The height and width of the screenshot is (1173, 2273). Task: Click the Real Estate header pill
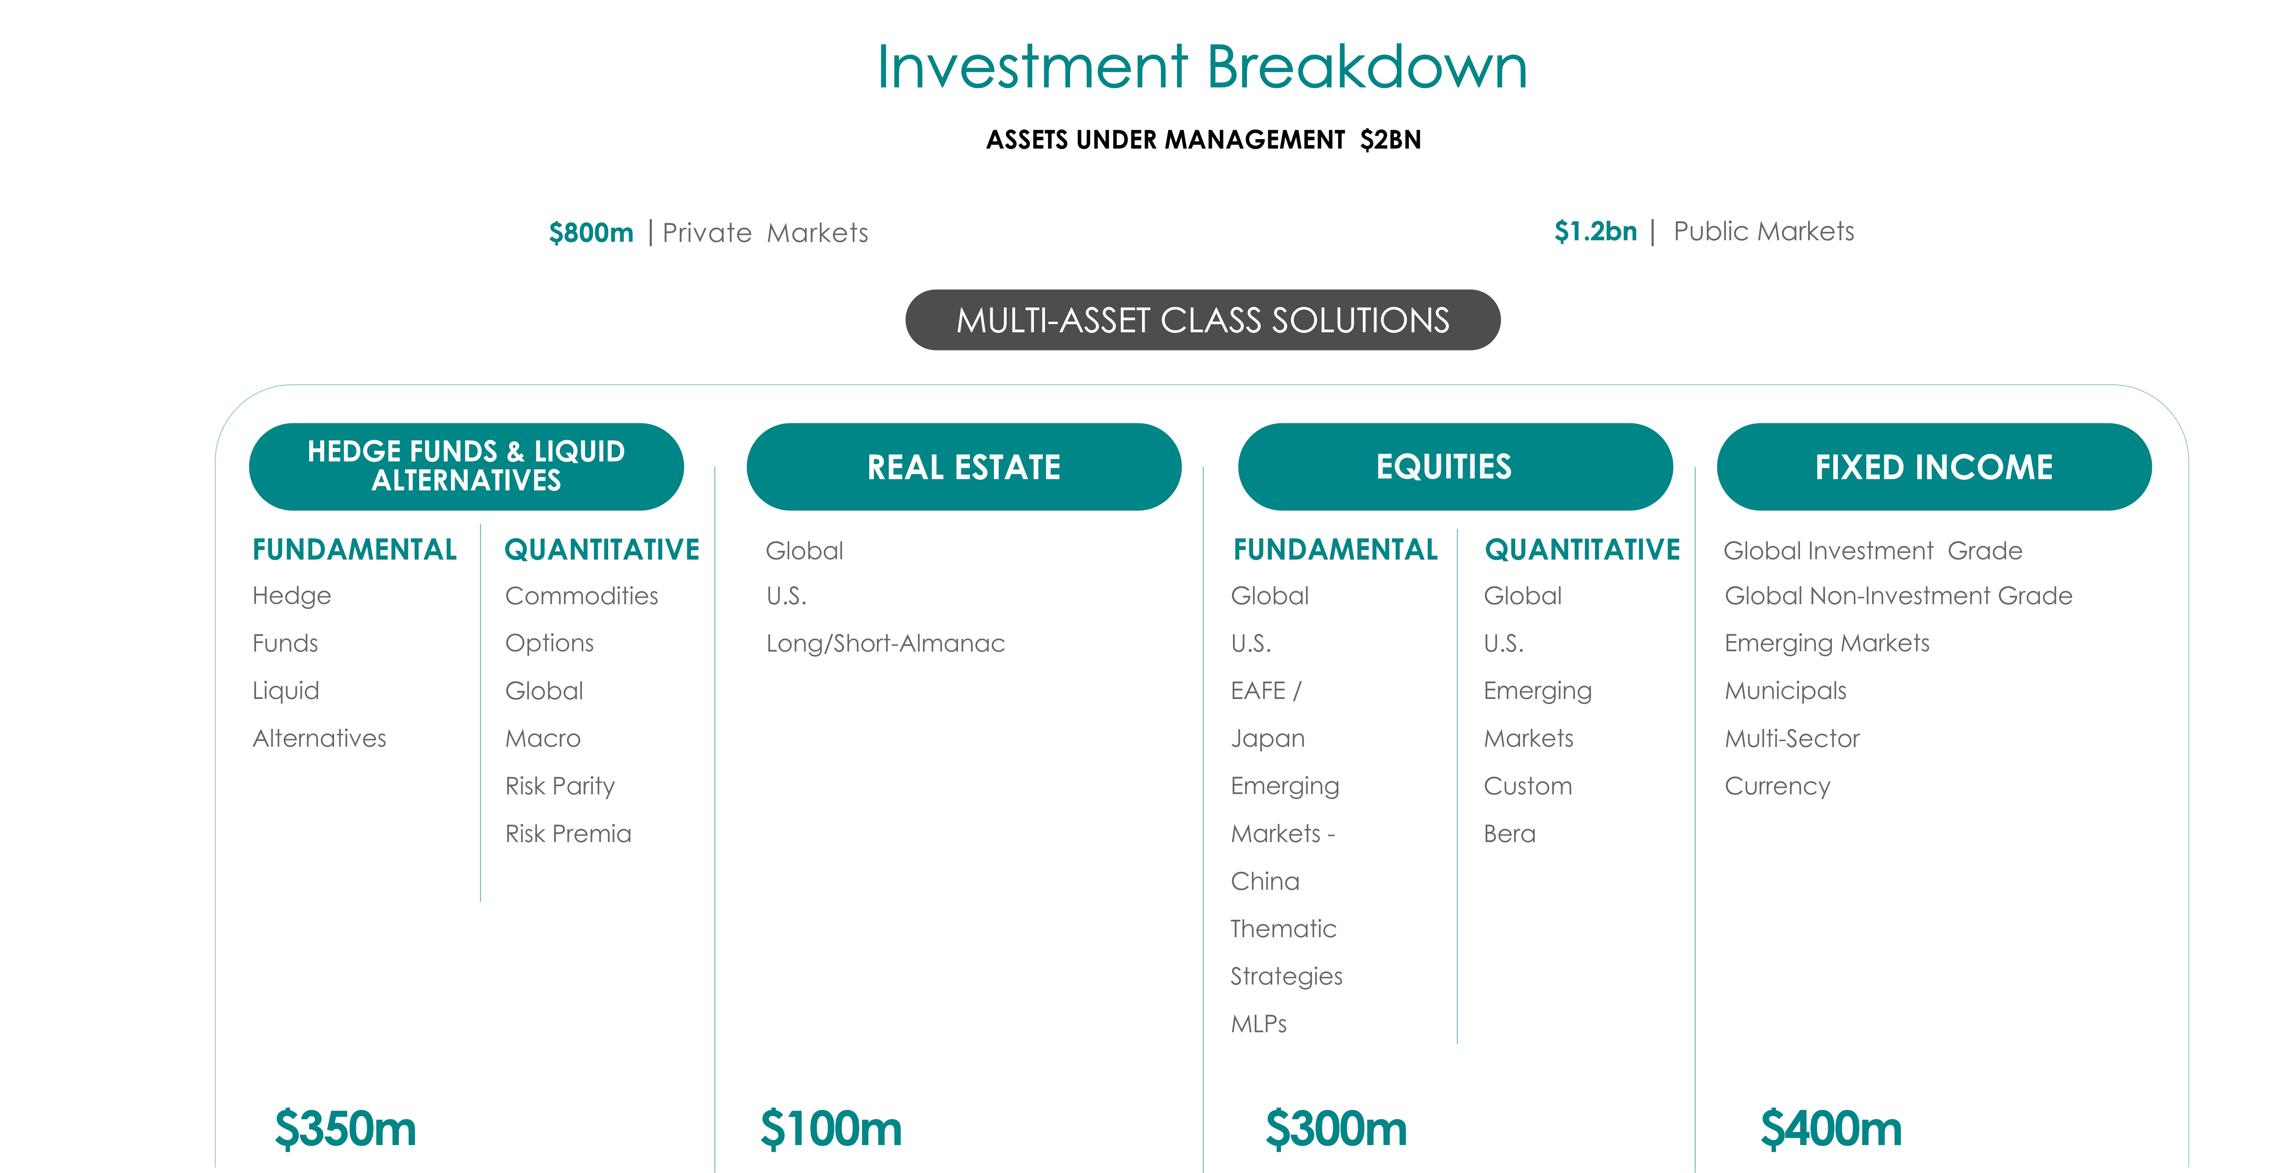coord(964,467)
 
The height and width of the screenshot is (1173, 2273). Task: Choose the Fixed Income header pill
coord(1934,467)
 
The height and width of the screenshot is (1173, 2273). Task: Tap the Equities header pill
coord(1455,467)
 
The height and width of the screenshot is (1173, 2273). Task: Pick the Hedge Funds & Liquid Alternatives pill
coord(466,467)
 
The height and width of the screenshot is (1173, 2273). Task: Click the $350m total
coord(345,1129)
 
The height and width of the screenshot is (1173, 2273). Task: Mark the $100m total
coord(831,1129)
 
